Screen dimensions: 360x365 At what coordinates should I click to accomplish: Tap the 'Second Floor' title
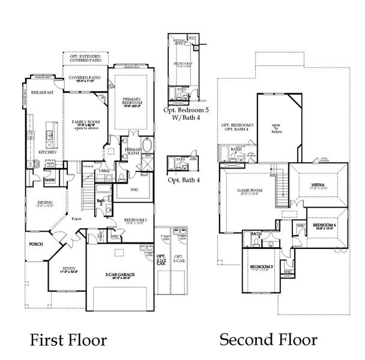point(268,340)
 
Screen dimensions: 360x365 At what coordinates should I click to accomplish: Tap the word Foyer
point(76,219)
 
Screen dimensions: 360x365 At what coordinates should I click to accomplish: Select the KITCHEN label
point(47,152)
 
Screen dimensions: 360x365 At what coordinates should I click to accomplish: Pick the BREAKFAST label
point(43,92)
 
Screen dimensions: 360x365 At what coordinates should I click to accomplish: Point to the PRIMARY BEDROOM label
point(131,101)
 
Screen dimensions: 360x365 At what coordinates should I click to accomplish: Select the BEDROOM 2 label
point(136,220)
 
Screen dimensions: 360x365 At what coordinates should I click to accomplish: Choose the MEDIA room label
point(318,185)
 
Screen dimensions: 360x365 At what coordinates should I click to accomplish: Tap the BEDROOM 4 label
point(327,225)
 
